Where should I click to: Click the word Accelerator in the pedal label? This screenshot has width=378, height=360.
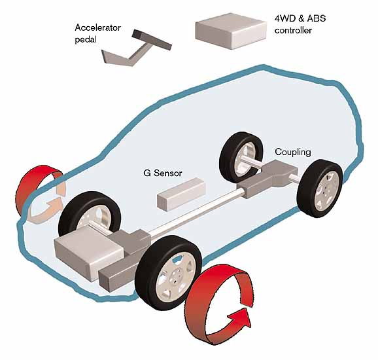(97, 27)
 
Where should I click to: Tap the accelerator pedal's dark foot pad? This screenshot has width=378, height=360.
(152, 40)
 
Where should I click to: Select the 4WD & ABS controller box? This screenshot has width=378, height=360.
(231, 31)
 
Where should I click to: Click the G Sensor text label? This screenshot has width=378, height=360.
(163, 173)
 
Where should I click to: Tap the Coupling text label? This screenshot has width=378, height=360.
(293, 152)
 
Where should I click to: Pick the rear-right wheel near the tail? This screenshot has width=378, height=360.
(320, 188)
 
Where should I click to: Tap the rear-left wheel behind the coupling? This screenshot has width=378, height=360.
(241, 157)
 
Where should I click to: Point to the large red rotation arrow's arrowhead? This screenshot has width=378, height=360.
(239, 318)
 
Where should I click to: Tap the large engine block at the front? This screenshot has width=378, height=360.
(89, 256)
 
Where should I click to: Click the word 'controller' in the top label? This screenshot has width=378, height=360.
(293, 30)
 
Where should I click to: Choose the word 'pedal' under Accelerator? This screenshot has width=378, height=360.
(86, 40)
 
